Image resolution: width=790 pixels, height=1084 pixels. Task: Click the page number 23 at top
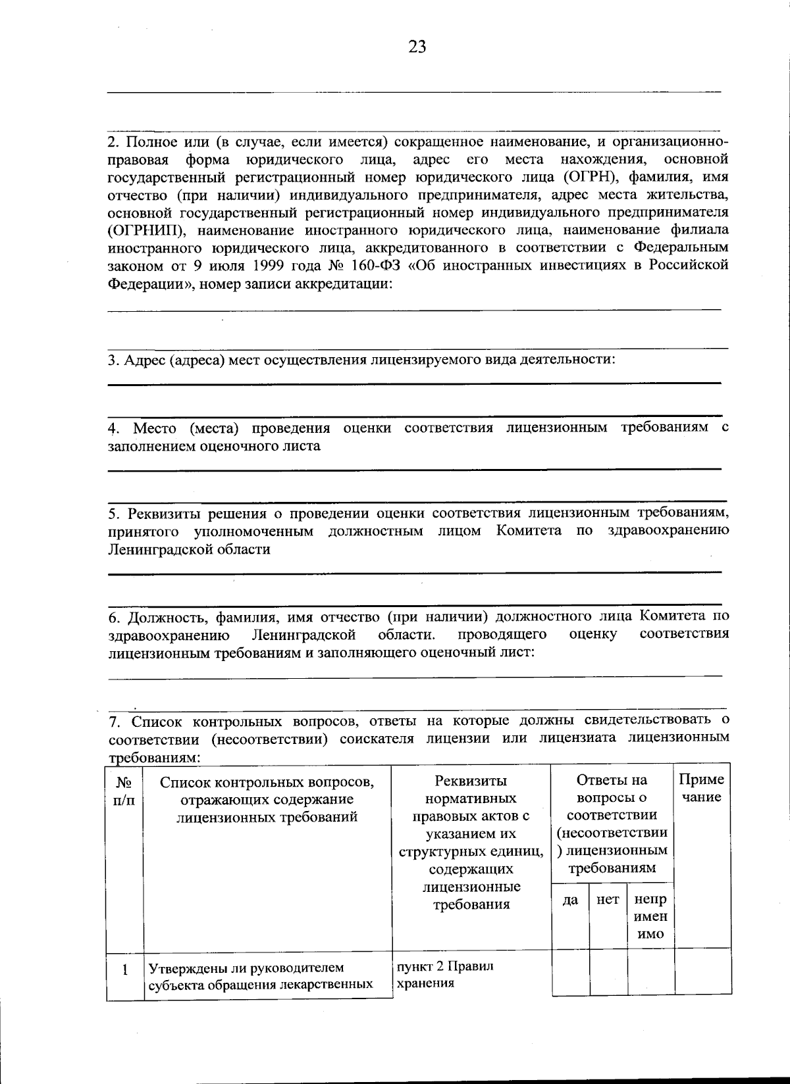click(x=417, y=47)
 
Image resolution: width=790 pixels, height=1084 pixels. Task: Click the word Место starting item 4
click(x=155, y=428)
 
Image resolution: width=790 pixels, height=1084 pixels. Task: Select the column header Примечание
click(x=702, y=789)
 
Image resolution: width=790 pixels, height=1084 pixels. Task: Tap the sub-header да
click(x=570, y=900)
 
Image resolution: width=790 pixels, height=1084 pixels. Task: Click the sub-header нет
click(x=607, y=900)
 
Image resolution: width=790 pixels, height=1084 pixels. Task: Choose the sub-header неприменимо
click(x=650, y=917)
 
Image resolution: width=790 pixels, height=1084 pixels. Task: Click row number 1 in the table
click(x=124, y=970)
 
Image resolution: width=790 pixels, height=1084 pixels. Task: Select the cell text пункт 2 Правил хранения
click(x=444, y=975)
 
